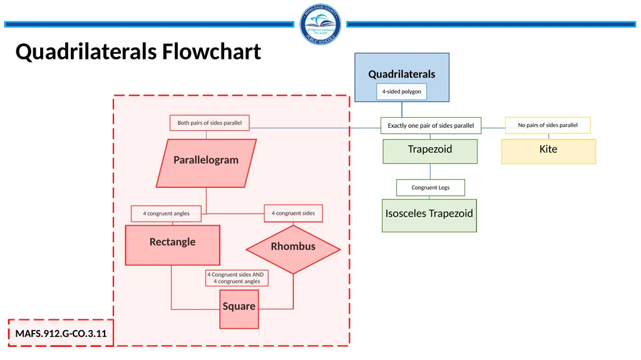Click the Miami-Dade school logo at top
click(x=320, y=24)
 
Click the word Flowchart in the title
click(x=212, y=51)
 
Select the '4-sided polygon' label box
click(x=401, y=91)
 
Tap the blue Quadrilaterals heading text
click(x=401, y=74)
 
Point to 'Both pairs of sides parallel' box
click(x=209, y=123)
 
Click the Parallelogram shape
click(x=206, y=163)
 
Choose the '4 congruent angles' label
click(x=166, y=213)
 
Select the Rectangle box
click(x=173, y=245)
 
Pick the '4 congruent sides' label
click(x=293, y=213)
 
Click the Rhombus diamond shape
click(x=293, y=249)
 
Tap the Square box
click(x=238, y=309)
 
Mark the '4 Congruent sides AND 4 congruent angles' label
click(x=237, y=278)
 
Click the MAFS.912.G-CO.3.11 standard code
click(x=61, y=334)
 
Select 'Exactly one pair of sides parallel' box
click(x=431, y=126)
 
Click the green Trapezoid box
click(x=430, y=152)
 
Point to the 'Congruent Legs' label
click(x=431, y=187)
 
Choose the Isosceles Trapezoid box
click(x=429, y=215)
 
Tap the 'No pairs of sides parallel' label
click(x=548, y=125)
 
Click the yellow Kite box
click(x=548, y=152)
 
